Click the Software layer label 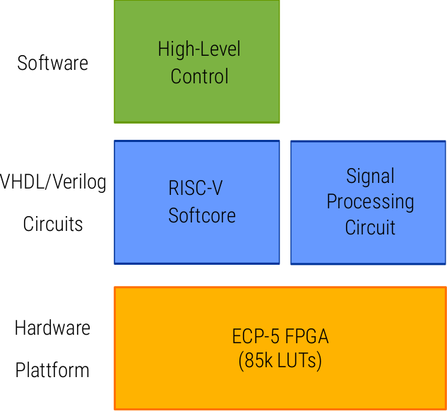point(53,63)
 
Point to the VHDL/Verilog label point(54,182)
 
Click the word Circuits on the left point(53,225)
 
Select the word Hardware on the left point(53,328)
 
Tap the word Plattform point(53,370)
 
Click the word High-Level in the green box point(199,49)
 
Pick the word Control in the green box point(200,76)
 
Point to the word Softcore point(202,215)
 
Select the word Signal point(370,177)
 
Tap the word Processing point(370,202)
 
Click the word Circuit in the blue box point(370,227)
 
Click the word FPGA point(309,337)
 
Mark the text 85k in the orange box point(258,362)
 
